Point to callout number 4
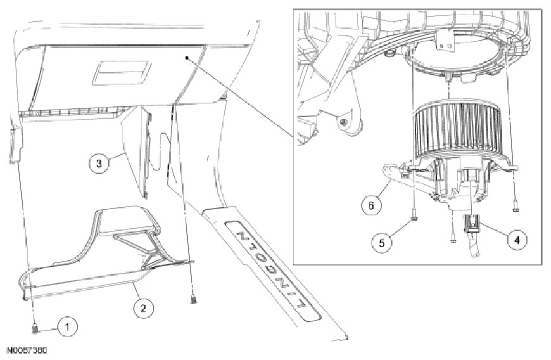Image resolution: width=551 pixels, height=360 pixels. pos(517,240)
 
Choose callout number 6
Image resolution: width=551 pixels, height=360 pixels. pos(372,205)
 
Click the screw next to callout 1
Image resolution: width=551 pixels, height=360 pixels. pos(34,327)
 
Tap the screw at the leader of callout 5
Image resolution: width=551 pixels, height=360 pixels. pos(413,219)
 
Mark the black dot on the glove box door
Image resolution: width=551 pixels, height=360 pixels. pos(187,57)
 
